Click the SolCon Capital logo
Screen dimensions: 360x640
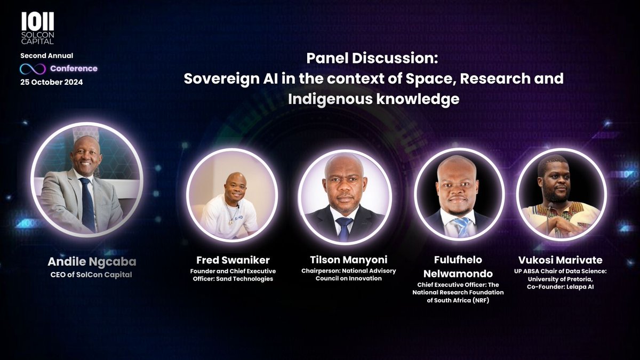coord(37,29)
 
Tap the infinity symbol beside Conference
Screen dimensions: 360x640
coord(33,69)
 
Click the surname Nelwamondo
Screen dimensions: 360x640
coord(459,274)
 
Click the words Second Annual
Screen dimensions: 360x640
coord(46,56)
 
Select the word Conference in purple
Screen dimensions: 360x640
coord(74,69)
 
